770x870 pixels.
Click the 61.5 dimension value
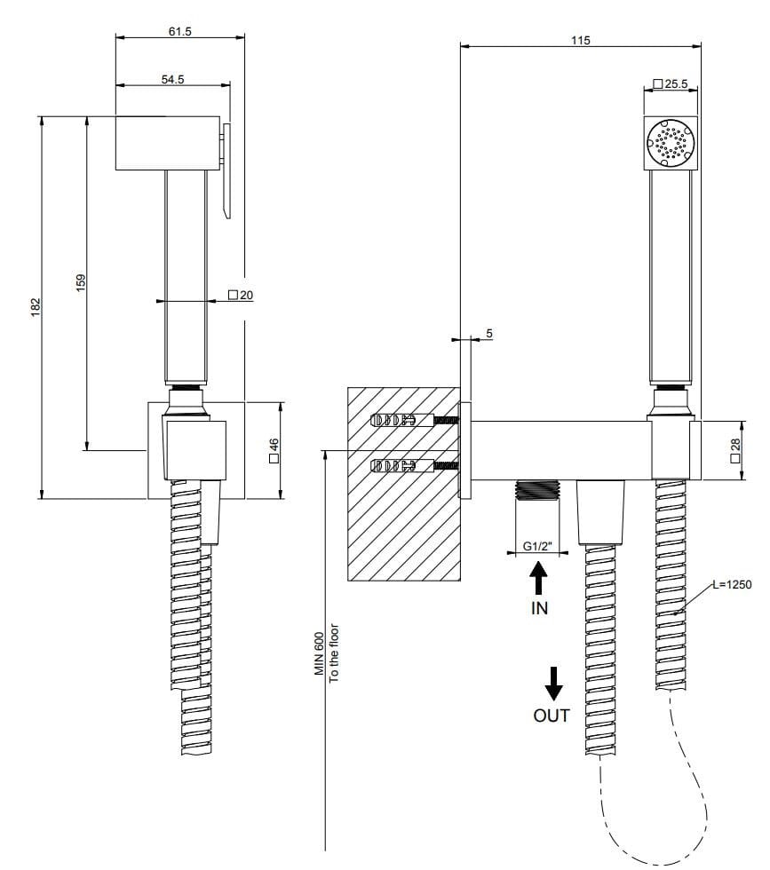click(179, 31)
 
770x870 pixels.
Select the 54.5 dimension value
click(173, 80)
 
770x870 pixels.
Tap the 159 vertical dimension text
click(81, 282)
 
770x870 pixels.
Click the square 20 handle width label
click(241, 295)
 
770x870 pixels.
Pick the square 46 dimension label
click(274, 451)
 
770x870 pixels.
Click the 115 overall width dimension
click(580, 40)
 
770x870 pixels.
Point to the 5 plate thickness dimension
click(488, 333)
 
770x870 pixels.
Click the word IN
click(539, 609)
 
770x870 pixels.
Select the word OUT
click(552, 716)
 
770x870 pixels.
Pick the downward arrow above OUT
click(552, 684)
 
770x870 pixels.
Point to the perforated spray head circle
click(670, 142)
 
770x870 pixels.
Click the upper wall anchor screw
click(409, 421)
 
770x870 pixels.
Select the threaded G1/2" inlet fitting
click(536, 491)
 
